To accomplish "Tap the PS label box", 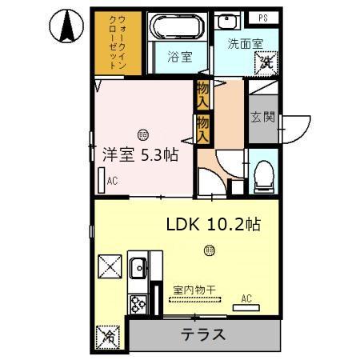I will click(262, 18).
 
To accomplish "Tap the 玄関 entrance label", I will click(262, 117).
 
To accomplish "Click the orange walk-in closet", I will click(118, 44).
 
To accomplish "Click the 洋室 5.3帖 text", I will click(140, 157).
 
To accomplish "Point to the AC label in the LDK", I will click(246, 299).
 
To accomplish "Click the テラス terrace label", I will click(202, 334).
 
